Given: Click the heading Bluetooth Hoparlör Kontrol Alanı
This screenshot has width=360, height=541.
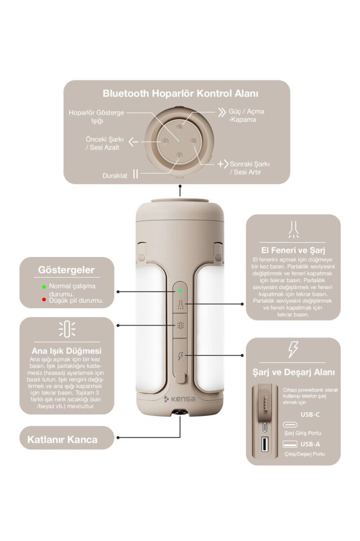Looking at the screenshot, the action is [x=180, y=94].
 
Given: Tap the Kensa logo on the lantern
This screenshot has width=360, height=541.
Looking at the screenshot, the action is [x=179, y=399].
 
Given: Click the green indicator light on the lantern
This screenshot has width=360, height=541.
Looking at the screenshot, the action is [x=180, y=291].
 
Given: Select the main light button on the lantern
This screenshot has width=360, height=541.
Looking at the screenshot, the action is [x=180, y=325].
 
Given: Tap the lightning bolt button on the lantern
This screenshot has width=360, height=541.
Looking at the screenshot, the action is [x=180, y=356].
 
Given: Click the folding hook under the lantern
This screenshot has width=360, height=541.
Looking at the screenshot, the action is [x=180, y=413].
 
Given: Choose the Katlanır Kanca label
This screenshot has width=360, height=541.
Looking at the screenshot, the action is [x=63, y=440].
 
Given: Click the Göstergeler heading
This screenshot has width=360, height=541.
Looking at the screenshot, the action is [x=66, y=270].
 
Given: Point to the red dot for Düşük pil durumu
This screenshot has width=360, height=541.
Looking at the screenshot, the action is [x=44, y=299].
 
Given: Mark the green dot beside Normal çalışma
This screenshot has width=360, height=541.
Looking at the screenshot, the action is [x=44, y=287].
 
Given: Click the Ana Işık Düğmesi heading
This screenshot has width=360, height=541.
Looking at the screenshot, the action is [x=66, y=351].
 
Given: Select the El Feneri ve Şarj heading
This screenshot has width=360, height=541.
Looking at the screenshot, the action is [x=293, y=250].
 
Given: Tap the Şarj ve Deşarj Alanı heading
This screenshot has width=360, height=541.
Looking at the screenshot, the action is [x=294, y=373].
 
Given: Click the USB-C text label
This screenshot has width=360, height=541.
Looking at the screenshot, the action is [x=310, y=415].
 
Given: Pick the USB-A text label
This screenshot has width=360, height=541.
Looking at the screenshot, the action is [x=310, y=444].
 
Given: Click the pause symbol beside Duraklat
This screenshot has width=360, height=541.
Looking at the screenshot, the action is [x=136, y=174].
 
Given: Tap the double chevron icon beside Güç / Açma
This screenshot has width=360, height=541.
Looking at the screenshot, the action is [x=222, y=112].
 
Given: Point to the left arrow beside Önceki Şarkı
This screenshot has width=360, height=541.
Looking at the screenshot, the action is [x=134, y=141].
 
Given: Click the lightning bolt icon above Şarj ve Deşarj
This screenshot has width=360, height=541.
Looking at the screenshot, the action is [x=293, y=349].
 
